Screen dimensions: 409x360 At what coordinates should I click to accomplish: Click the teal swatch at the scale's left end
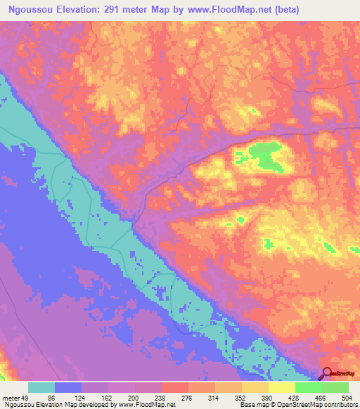click(x=41, y=388)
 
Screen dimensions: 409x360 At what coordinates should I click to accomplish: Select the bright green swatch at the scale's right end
click(x=335, y=388)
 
